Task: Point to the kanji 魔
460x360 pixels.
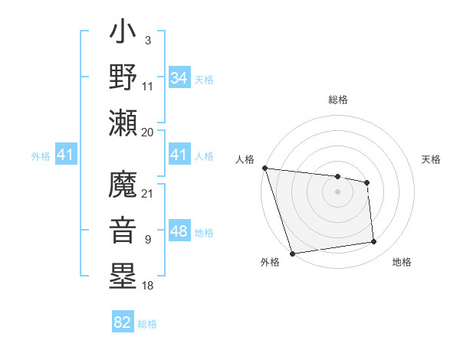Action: pos(123,186)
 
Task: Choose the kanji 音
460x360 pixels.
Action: pos(123,231)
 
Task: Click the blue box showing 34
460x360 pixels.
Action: pos(179,78)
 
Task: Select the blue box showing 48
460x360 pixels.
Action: pos(179,232)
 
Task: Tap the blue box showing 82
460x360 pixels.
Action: pos(123,322)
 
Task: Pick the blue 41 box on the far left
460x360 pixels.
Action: pos(66,155)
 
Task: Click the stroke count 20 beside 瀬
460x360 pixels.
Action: pos(148,132)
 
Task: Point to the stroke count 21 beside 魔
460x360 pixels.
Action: pos(148,193)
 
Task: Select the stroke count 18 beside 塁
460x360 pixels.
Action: pos(148,286)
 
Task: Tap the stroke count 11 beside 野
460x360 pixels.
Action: pos(148,87)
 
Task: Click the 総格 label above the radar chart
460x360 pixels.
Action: pos(338,100)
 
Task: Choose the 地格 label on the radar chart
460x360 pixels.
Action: pos(402,263)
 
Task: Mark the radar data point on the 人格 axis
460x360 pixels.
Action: pos(264,168)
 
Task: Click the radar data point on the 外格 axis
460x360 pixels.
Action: pos(292,253)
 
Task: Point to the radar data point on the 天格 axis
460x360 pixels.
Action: pos(367,182)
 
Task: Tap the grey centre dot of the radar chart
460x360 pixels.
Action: pos(337,191)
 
